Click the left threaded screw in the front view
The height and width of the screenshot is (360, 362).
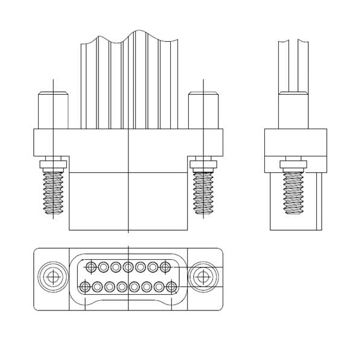(54, 191)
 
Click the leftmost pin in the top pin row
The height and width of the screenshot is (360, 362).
(91, 266)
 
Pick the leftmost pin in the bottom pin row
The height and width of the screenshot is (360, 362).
(85, 286)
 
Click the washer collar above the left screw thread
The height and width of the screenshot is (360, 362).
(54, 163)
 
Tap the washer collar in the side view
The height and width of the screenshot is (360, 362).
(294, 163)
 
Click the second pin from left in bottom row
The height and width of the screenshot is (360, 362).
(97, 286)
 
